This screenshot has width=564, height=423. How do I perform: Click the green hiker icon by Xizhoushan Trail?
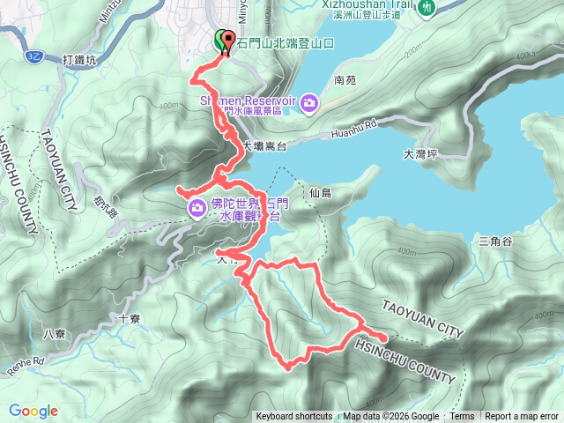[427, 7]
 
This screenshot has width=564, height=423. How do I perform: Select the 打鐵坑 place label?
[85, 59]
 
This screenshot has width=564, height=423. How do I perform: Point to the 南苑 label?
[345, 79]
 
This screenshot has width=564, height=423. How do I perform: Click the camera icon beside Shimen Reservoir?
[308, 103]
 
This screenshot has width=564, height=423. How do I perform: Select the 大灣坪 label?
[419, 153]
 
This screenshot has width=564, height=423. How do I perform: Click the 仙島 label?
[321, 192]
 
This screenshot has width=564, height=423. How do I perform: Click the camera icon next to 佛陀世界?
[197, 207]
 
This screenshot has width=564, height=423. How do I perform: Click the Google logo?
[33, 411]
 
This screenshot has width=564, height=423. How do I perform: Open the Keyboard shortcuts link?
[294, 417]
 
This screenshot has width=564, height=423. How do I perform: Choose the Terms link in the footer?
[462, 417]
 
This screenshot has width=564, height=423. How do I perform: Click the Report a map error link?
[523, 417]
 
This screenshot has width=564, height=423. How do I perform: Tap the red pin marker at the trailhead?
[228, 42]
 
